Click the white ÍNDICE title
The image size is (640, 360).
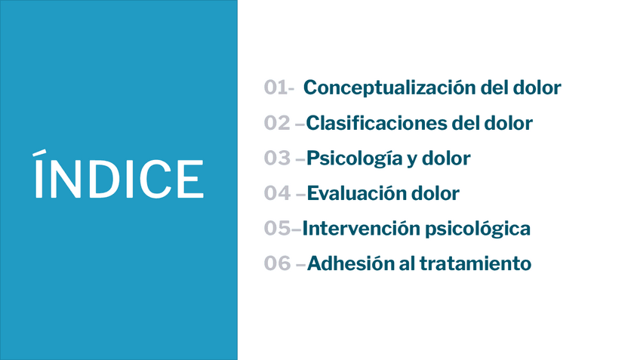pos(118,174)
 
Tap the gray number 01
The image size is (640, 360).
pos(275,88)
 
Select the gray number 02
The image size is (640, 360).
pos(277,123)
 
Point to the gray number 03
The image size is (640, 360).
pos(277,158)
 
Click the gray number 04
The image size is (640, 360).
pos(277,193)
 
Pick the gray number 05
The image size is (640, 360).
pos(277,228)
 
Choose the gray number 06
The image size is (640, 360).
pos(277,263)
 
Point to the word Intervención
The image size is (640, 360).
pos(361,228)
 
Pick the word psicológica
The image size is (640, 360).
pos(478,229)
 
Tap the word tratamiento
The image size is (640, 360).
pos(475,263)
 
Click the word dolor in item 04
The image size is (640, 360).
pos(435,193)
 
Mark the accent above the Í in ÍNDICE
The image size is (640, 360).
pos(39,152)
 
